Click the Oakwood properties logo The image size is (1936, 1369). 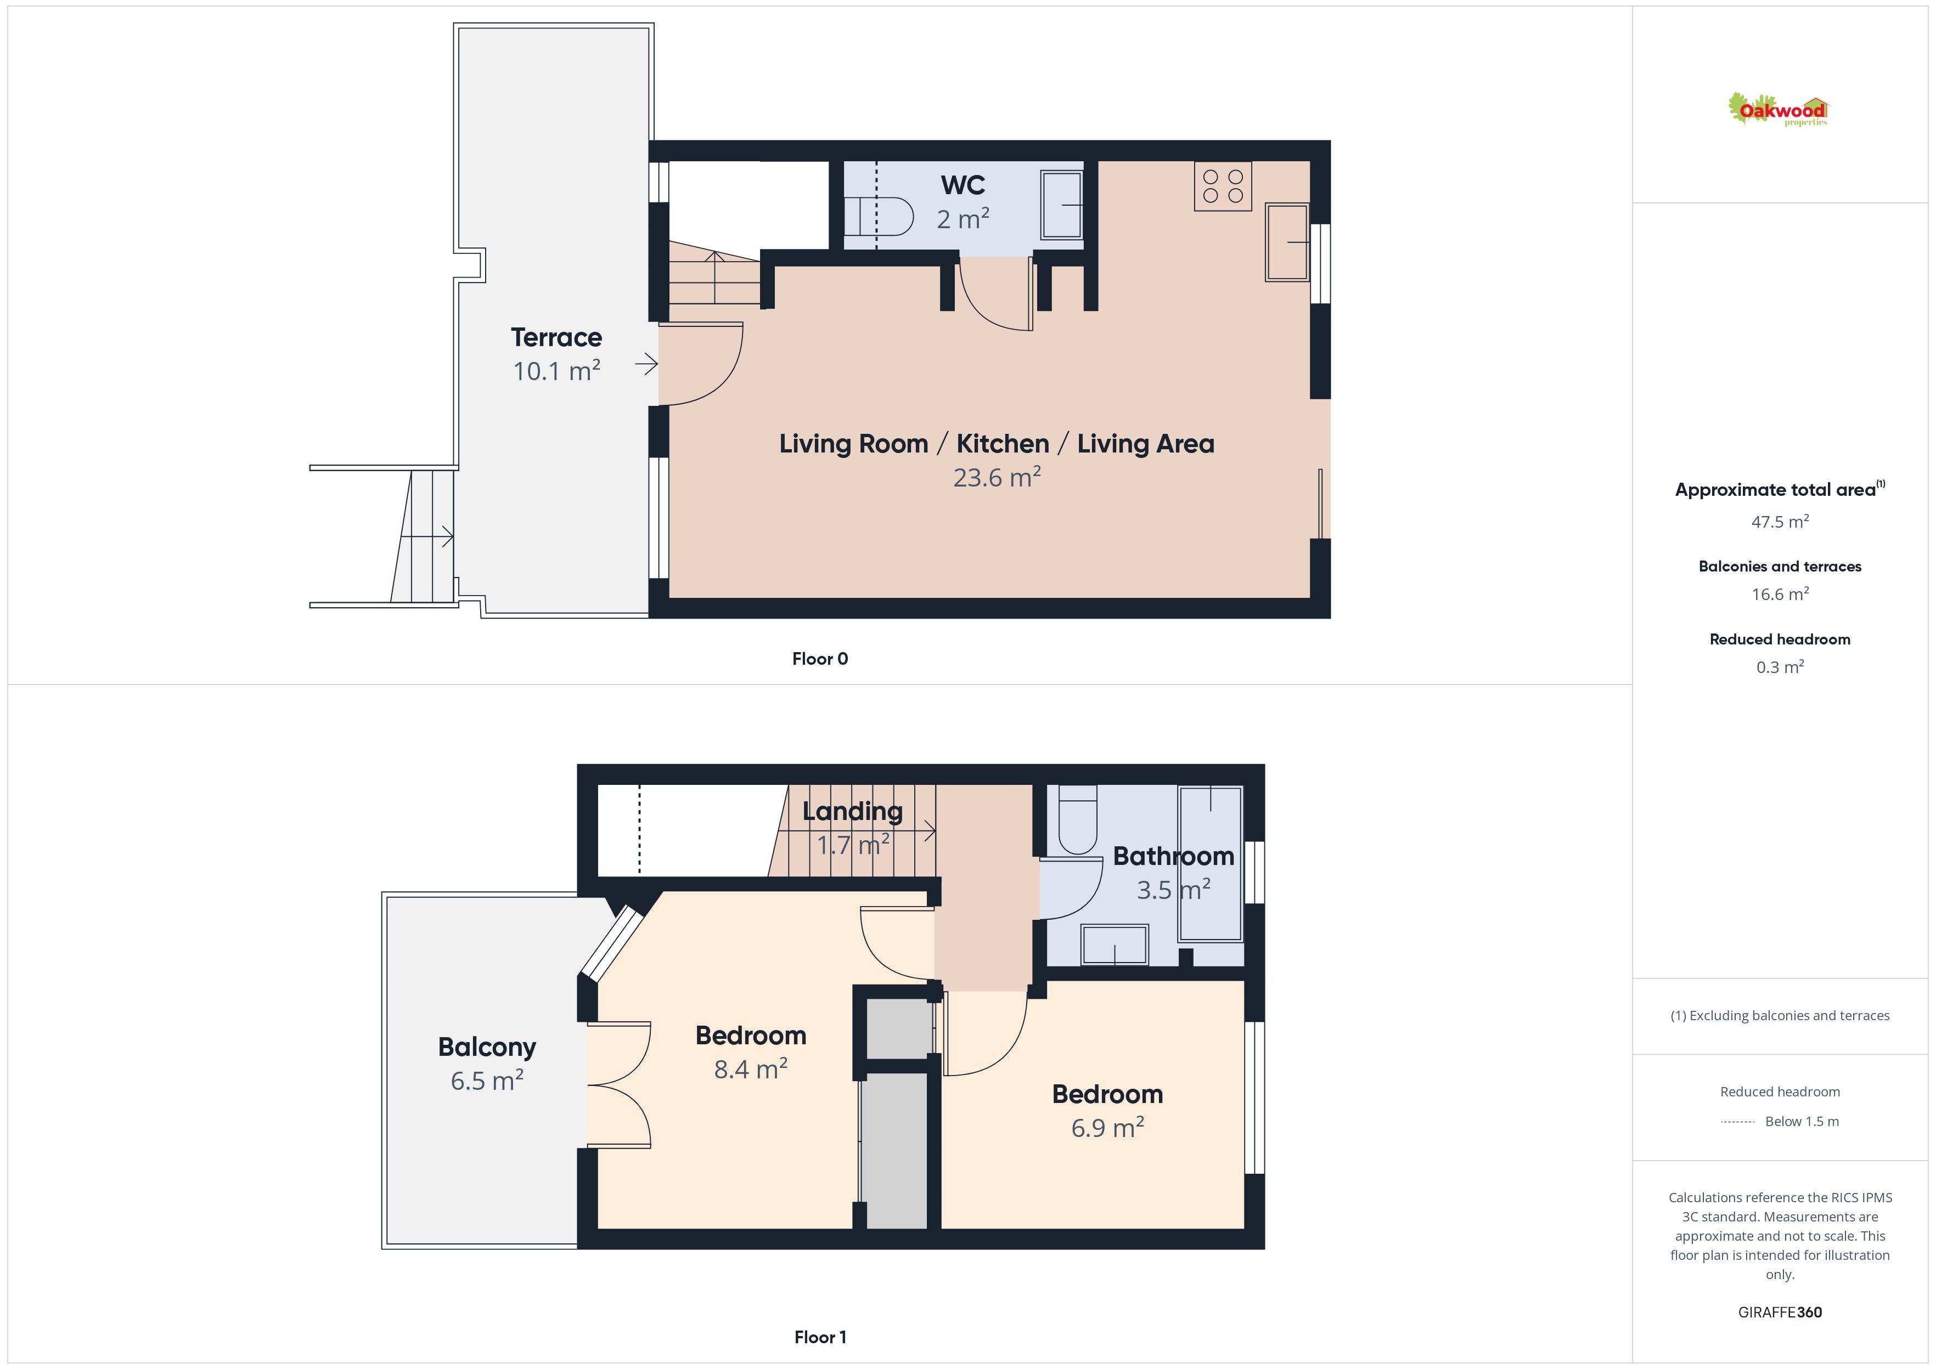(1777, 110)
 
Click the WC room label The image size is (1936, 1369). (963, 185)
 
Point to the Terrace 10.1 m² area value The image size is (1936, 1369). (556, 371)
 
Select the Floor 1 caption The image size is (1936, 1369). (820, 1337)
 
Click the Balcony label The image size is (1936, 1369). (487, 1047)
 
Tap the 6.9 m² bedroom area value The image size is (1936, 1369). (1107, 1128)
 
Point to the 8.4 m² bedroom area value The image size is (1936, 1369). (751, 1069)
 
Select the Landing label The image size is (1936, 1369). (852, 812)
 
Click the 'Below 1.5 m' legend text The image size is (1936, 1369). (1802, 1121)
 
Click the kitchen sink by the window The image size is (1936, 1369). (1287, 242)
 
